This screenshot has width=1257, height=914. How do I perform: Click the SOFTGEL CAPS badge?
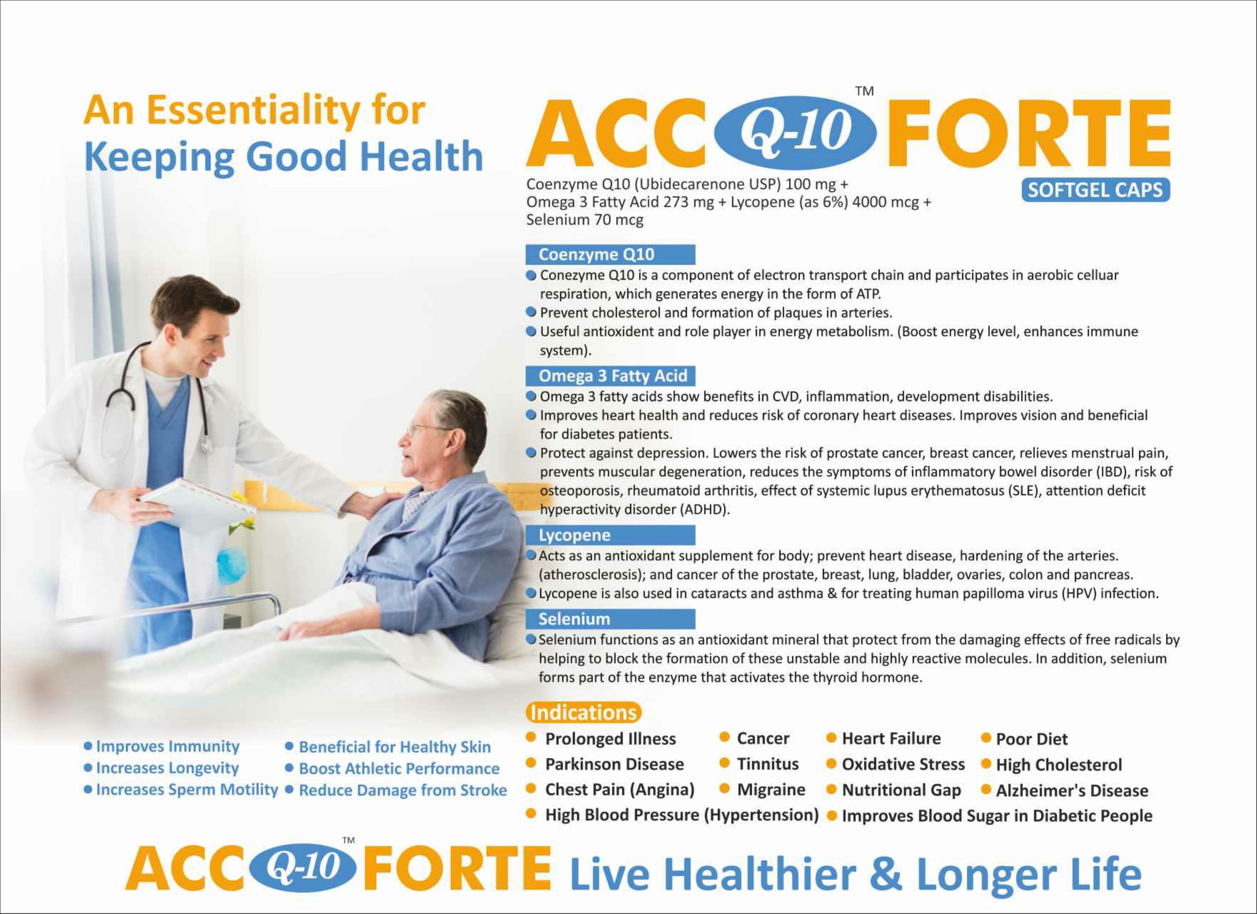click(x=1096, y=190)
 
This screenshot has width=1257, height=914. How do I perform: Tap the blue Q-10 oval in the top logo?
click(x=797, y=132)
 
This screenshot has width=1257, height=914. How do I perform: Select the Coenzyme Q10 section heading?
click(x=610, y=254)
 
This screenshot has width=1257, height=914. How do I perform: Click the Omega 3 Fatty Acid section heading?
click(x=610, y=376)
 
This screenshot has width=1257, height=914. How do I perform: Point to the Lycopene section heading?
click(x=610, y=535)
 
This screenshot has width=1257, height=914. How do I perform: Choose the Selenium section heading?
click(x=610, y=619)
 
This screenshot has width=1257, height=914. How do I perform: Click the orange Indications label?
click(x=583, y=712)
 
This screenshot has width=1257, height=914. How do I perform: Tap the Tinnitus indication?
click(x=768, y=764)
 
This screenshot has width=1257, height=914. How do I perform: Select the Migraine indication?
click(x=771, y=790)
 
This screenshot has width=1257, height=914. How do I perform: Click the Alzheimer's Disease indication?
click(x=1072, y=790)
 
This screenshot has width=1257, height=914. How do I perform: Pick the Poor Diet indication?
click(x=1032, y=739)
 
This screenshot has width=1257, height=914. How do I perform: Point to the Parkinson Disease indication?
click(x=615, y=764)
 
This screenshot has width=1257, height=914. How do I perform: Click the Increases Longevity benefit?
click(x=168, y=768)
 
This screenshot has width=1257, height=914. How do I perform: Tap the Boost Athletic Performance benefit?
click(x=399, y=769)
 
